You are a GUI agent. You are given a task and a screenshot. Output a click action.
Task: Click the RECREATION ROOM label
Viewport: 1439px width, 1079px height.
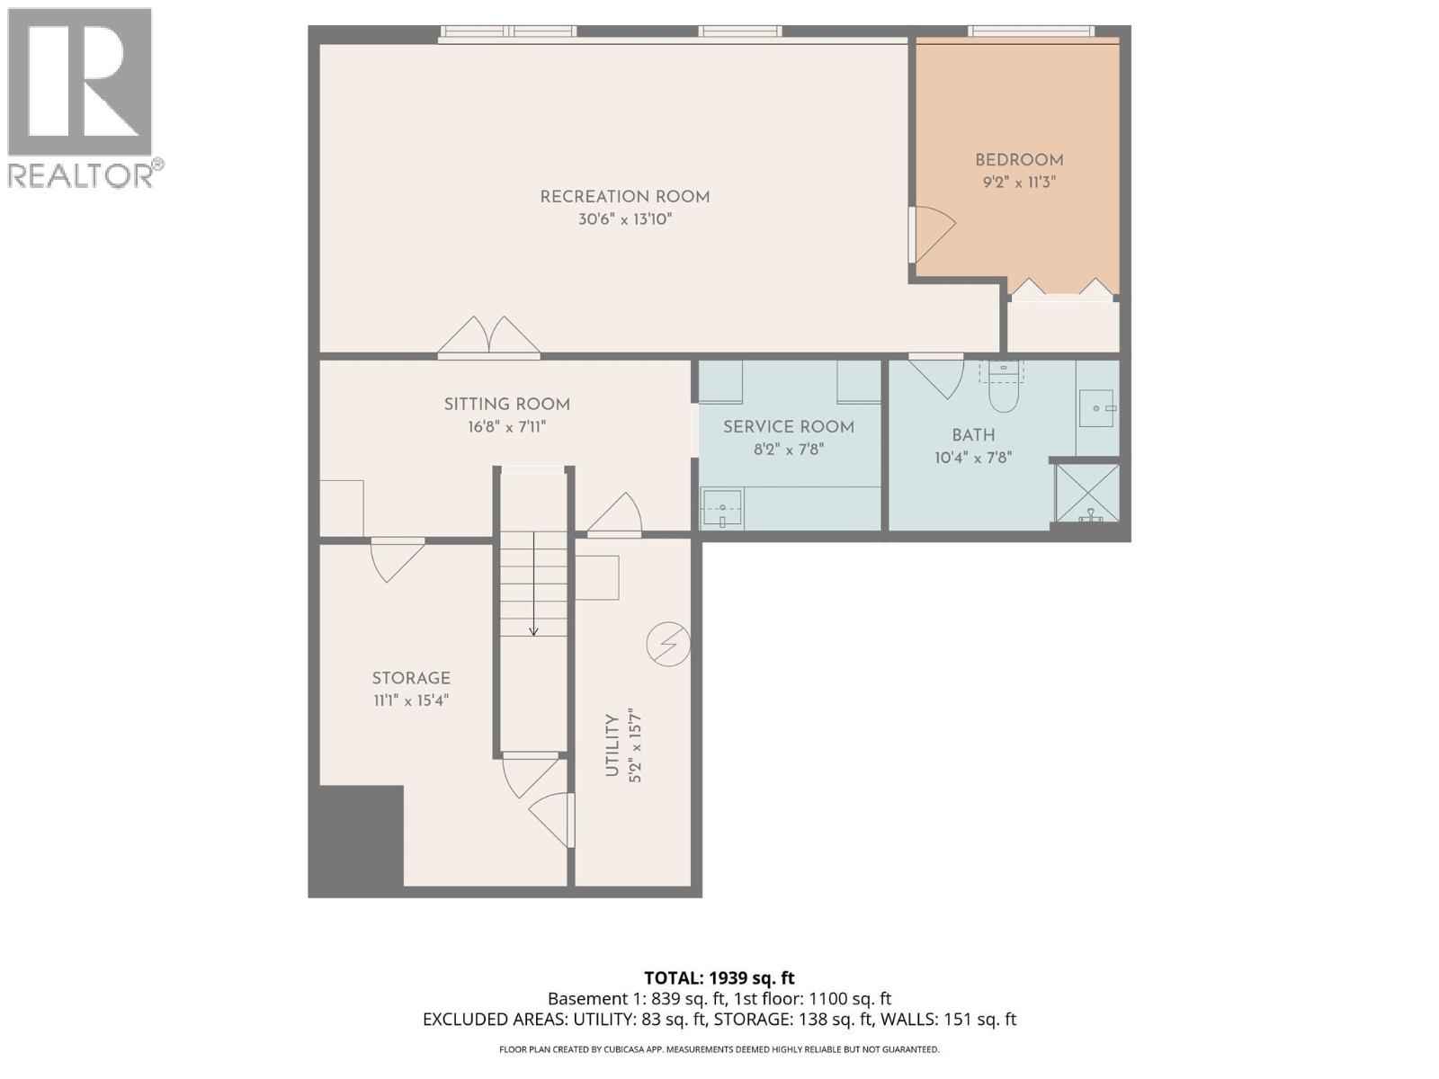tap(624, 197)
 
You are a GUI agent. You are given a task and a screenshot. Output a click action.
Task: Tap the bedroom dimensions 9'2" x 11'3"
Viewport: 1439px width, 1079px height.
tap(1018, 182)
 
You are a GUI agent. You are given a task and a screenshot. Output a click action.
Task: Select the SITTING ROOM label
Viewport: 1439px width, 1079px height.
tap(506, 405)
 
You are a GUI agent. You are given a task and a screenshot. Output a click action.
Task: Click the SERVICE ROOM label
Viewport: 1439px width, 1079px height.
tap(788, 427)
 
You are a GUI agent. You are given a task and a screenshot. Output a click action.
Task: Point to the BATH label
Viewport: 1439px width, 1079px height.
tap(973, 435)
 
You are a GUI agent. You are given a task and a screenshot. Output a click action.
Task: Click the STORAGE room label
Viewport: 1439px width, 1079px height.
tap(411, 678)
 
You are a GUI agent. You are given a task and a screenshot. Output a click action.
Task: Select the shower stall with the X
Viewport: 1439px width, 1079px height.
tap(1087, 492)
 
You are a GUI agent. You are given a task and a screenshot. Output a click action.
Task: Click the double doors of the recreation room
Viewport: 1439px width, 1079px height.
tap(488, 337)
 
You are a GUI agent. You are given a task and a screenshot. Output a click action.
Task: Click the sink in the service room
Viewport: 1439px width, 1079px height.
tap(721, 510)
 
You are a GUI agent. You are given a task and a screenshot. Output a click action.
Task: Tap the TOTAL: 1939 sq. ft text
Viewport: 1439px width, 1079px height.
tap(719, 977)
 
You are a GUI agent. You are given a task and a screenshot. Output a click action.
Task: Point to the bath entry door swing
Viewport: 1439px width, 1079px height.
tap(939, 376)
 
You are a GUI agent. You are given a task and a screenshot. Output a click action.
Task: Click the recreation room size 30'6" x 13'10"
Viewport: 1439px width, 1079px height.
tap(624, 219)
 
